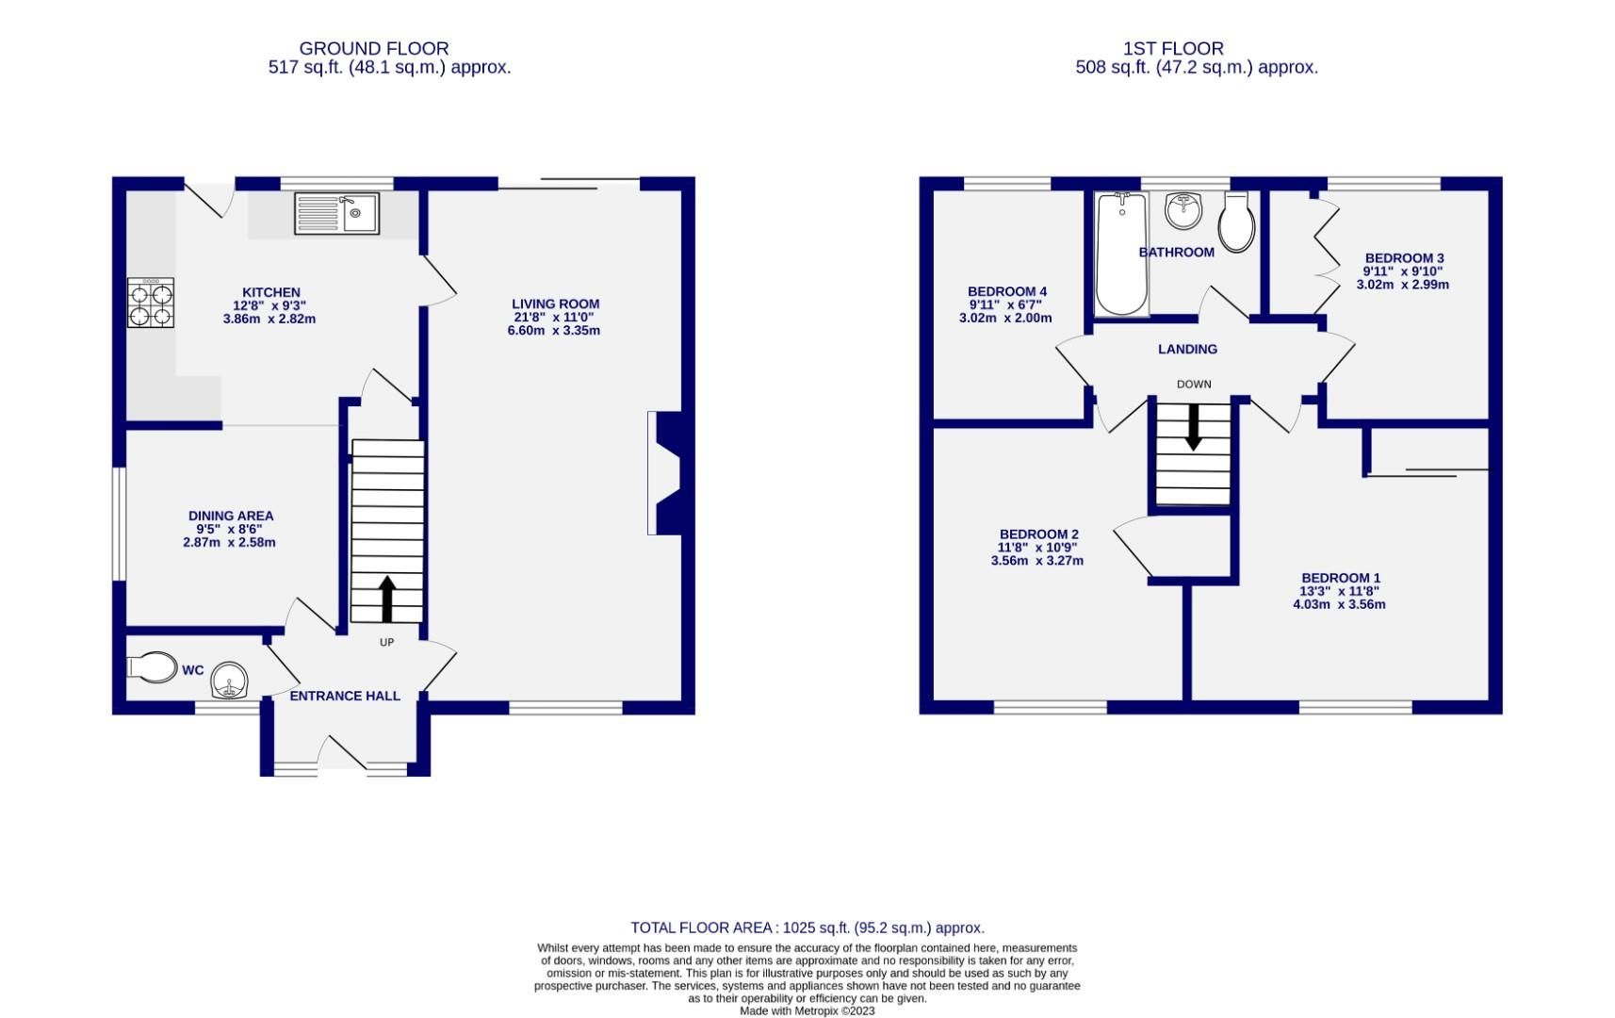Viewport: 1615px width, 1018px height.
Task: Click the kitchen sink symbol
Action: pyautogui.click(x=336, y=214)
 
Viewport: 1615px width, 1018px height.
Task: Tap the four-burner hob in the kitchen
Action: pyautogui.click(x=151, y=303)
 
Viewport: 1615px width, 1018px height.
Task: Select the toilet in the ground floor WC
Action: pyautogui.click(x=154, y=667)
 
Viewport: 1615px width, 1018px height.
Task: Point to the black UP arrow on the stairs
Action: pyautogui.click(x=386, y=599)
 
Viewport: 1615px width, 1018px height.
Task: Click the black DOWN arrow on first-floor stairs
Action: pyautogui.click(x=1193, y=427)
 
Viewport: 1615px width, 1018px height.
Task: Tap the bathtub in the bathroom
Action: pyautogui.click(x=1121, y=254)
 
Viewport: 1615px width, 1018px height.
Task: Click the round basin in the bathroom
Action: pyautogui.click(x=1183, y=210)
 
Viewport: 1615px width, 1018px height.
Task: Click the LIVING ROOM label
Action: pyautogui.click(x=555, y=304)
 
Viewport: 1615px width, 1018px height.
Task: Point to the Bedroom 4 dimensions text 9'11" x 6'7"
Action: pyautogui.click(x=1005, y=305)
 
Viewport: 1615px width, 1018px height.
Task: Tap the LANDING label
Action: pyautogui.click(x=1187, y=350)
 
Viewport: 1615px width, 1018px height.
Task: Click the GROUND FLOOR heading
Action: pyautogui.click(x=374, y=48)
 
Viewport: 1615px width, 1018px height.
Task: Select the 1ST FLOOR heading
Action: pyautogui.click(x=1173, y=48)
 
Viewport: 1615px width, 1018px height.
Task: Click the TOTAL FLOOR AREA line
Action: pyautogui.click(x=807, y=928)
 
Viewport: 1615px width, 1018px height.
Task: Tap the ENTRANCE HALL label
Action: pyautogui.click(x=345, y=697)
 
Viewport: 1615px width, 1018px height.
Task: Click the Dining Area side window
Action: pyautogui.click(x=119, y=524)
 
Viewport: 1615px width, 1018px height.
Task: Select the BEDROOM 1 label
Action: pyautogui.click(x=1340, y=579)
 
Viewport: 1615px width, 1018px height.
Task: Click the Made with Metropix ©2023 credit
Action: pyautogui.click(x=807, y=1011)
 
